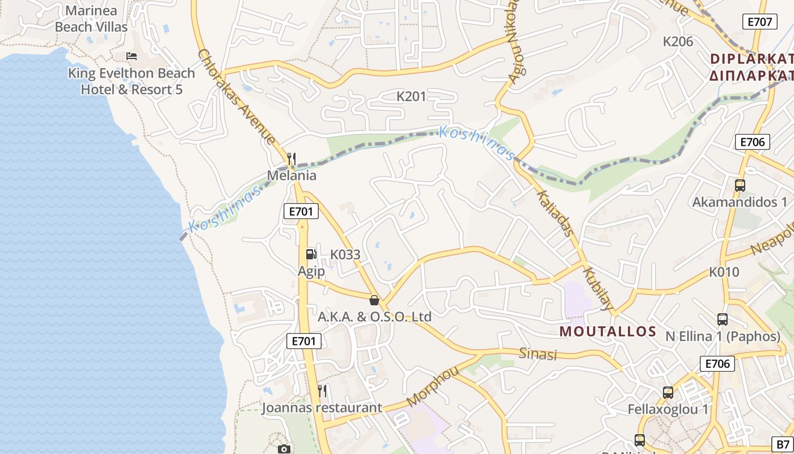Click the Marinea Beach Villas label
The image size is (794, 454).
[91, 19]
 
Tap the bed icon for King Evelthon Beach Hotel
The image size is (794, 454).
[132, 56]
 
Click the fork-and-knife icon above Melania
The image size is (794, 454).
[292, 158]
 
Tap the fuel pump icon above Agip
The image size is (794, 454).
[311, 254]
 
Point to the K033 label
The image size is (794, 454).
[345, 255]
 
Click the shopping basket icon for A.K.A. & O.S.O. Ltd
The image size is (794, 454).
[374, 300]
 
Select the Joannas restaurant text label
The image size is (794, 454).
[322, 408]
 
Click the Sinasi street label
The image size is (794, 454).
[538, 354]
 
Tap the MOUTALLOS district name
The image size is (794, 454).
[608, 332]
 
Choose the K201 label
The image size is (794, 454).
[411, 96]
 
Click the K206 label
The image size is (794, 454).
[678, 41]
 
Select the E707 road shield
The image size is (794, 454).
[759, 22]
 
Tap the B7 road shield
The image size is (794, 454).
[783, 444]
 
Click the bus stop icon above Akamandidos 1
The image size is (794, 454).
[740, 185]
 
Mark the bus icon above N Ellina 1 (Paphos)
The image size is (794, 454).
[723, 319]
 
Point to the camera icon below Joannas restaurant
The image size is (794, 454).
[284, 449]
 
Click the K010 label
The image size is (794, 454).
[724, 272]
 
